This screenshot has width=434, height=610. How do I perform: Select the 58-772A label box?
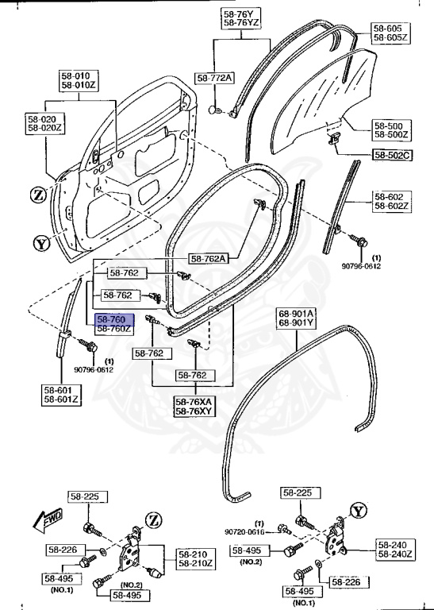(x=214, y=78)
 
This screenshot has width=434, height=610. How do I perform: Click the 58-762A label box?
(x=209, y=258)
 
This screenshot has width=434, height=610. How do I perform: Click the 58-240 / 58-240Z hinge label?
(x=404, y=550)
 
